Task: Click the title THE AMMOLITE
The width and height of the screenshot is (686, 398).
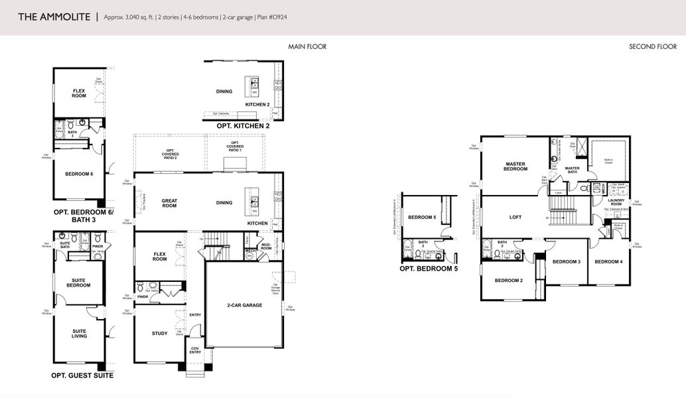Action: [x=54, y=17]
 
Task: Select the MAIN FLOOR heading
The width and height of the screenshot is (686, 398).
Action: [x=307, y=47]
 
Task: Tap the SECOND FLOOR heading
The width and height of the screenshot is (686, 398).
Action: [x=652, y=47]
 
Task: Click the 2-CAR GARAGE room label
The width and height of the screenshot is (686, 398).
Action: [x=243, y=305]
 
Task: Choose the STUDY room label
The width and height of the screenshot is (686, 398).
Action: [x=159, y=334]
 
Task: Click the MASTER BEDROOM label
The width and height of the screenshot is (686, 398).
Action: [x=515, y=166]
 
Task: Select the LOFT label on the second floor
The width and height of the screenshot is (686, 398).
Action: [x=515, y=217]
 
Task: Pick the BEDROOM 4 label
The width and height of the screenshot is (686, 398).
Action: [x=608, y=261]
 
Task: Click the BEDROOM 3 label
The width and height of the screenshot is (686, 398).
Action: [x=567, y=261]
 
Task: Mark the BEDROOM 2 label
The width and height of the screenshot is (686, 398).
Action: [x=509, y=280]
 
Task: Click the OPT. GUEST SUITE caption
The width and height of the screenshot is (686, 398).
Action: [x=82, y=375]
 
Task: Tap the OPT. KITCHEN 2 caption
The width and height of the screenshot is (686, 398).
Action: [x=243, y=125]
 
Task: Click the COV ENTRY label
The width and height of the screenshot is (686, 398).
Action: [x=195, y=351]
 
